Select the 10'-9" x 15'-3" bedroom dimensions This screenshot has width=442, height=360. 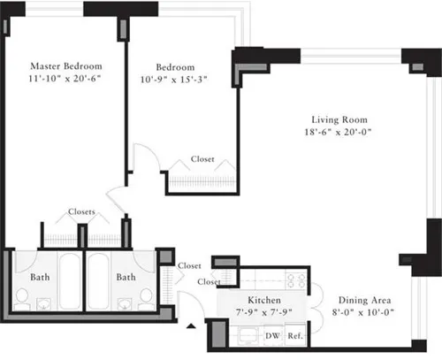tap(181, 80)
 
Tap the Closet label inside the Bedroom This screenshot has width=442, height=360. tap(202, 160)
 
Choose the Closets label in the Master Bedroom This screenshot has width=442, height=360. tap(82, 212)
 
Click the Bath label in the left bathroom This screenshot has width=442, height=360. tap(41, 277)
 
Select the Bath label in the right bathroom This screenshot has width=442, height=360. tap(126, 277)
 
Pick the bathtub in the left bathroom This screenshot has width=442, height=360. tap(66, 281)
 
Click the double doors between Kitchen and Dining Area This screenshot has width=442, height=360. tap(315, 305)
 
